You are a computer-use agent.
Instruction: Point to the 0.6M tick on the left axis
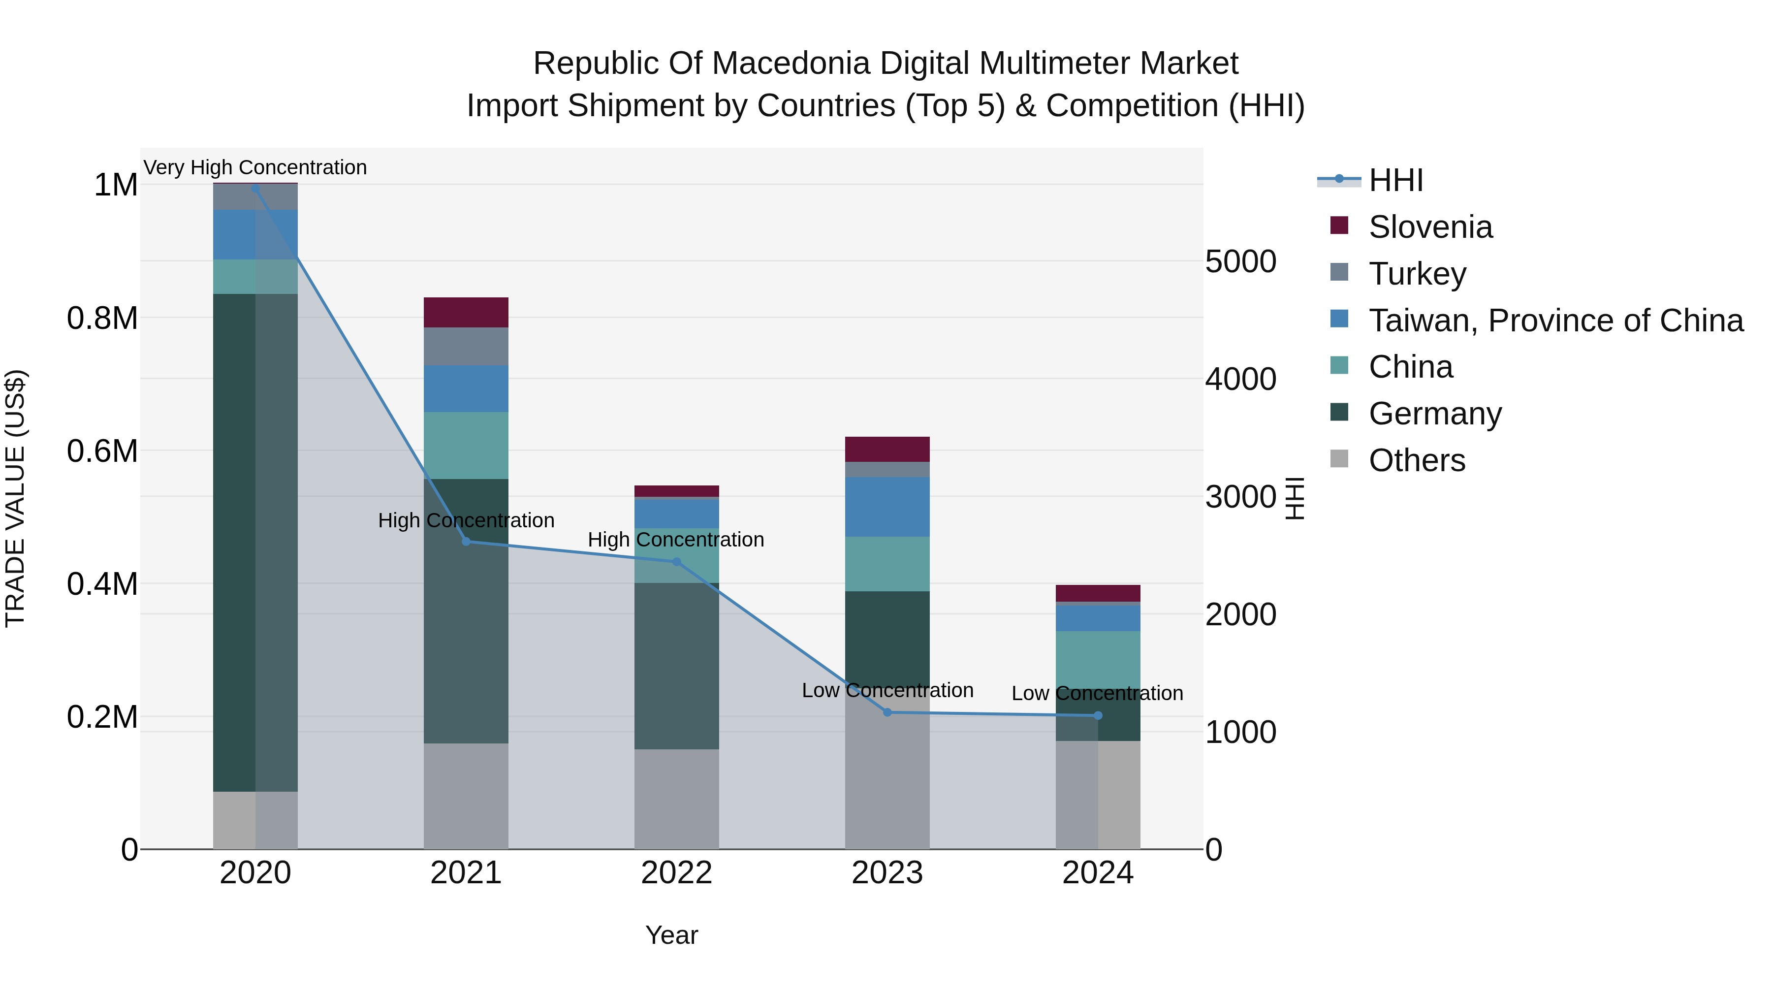click(102, 451)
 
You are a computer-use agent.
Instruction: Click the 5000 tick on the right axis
click(1240, 261)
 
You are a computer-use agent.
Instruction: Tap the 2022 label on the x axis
click(676, 873)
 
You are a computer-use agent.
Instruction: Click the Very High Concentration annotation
click(255, 167)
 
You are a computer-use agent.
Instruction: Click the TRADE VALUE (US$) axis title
click(15, 498)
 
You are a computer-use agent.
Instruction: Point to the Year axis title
click(671, 935)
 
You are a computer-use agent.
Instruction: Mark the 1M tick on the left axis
click(116, 185)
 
